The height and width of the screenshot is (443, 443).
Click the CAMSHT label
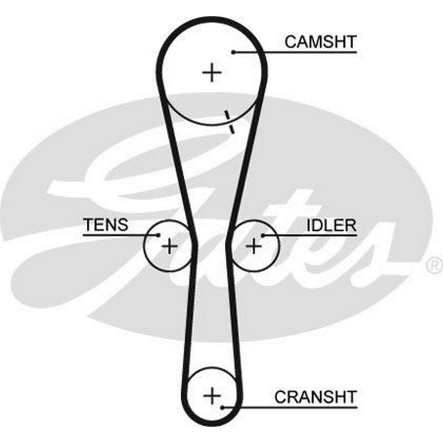[x=320, y=42]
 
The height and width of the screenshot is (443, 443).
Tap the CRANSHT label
[x=315, y=396]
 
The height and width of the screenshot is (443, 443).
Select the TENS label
[x=105, y=225]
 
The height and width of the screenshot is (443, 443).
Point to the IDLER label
[x=331, y=225]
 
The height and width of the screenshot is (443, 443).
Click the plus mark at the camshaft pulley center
[x=212, y=72]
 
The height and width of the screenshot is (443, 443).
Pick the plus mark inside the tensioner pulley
[x=169, y=245]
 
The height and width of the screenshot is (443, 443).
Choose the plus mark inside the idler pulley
[x=254, y=245]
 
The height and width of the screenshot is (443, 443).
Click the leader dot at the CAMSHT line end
[x=233, y=52]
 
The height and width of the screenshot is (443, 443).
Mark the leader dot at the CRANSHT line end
[x=222, y=407]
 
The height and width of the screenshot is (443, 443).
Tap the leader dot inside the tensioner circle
[x=158, y=235]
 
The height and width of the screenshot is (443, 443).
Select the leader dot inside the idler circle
[x=263, y=235]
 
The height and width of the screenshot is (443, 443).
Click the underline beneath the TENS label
[x=115, y=235]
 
